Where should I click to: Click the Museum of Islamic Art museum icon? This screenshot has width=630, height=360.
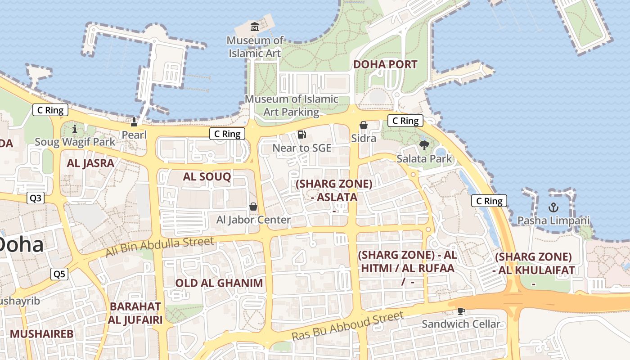[x=255, y=27]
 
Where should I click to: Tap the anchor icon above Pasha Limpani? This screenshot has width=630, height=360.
[x=553, y=207]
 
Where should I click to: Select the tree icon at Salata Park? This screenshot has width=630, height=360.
[x=424, y=145]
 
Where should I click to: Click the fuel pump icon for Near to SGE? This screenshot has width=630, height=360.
[x=301, y=134]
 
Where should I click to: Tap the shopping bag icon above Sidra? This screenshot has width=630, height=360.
[x=363, y=125]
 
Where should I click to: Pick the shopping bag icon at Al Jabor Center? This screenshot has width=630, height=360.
[x=253, y=207]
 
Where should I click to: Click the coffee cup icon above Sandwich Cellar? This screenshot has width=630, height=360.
[x=461, y=310]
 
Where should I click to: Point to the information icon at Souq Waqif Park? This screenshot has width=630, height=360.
[x=75, y=129]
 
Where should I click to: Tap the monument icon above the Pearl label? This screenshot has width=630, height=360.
[x=134, y=121]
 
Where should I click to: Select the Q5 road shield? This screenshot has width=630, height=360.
[x=59, y=274]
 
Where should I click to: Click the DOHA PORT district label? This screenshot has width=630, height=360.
[x=385, y=64]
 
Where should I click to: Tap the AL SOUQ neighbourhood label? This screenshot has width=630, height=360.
[x=207, y=176]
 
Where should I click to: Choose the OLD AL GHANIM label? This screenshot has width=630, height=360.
[x=219, y=283]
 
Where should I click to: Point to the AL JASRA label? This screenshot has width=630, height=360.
[x=90, y=163]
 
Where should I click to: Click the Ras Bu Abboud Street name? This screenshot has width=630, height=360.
[x=347, y=326]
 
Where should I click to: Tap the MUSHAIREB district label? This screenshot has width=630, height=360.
[x=41, y=333]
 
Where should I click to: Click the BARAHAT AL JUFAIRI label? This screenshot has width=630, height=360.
[x=135, y=313]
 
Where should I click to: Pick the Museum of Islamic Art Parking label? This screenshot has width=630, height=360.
[x=291, y=105]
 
